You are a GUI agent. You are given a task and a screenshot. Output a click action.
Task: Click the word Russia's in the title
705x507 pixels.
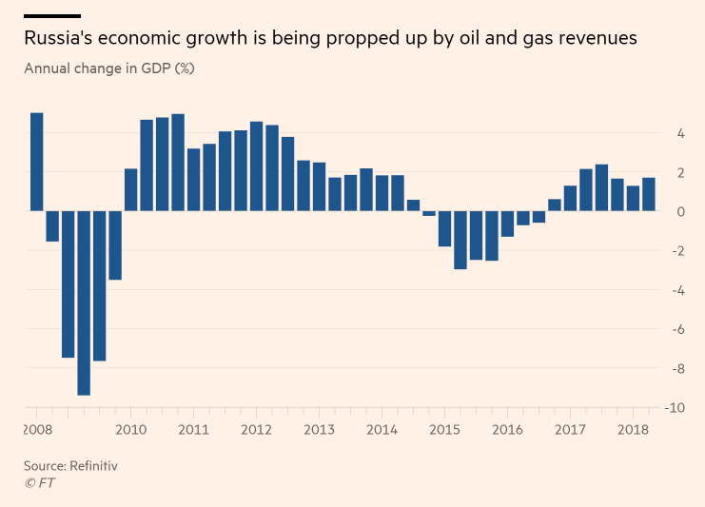coord(59,39)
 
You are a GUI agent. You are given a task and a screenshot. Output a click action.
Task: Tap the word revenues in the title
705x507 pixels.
coord(592,39)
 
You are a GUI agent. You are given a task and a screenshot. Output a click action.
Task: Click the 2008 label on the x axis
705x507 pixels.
coord(37,430)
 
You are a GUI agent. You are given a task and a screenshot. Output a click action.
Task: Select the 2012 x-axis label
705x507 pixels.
coord(256,430)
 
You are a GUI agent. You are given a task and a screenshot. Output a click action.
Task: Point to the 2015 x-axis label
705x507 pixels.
coord(444,430)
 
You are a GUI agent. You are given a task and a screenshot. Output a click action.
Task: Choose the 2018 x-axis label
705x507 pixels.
coord(633,430)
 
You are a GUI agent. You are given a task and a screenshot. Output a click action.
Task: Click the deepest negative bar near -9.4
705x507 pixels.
coord(84,302)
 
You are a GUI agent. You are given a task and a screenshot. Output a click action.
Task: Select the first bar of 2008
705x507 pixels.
coord(37,162)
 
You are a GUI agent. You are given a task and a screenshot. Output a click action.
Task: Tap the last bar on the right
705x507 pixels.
coord(648,194)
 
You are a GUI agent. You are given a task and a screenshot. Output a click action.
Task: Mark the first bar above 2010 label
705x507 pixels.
coord(130,189)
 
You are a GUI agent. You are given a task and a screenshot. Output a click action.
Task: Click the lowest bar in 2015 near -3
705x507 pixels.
coord(460,240)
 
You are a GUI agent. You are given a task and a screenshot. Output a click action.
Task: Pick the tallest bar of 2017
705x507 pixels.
coord(601,187)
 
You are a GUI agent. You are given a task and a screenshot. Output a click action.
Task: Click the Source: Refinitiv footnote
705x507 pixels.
coord(70,466)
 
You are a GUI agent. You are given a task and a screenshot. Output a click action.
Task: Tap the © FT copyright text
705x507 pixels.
coord(41,483)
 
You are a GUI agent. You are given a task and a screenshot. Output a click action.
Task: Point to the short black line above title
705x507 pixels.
coord(51,16)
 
